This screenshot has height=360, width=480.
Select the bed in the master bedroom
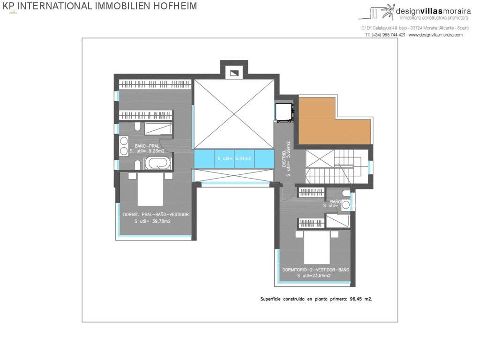(150, 189)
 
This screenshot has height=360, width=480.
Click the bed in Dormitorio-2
(317, 248)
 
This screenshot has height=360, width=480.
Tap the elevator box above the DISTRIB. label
(284, 112)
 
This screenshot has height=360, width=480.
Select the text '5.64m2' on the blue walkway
(243, 159)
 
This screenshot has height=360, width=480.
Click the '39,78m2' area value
(160, 221)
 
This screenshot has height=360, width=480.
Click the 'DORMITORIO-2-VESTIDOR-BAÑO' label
(316, 270)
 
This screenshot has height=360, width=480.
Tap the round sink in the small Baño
(345, 204)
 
